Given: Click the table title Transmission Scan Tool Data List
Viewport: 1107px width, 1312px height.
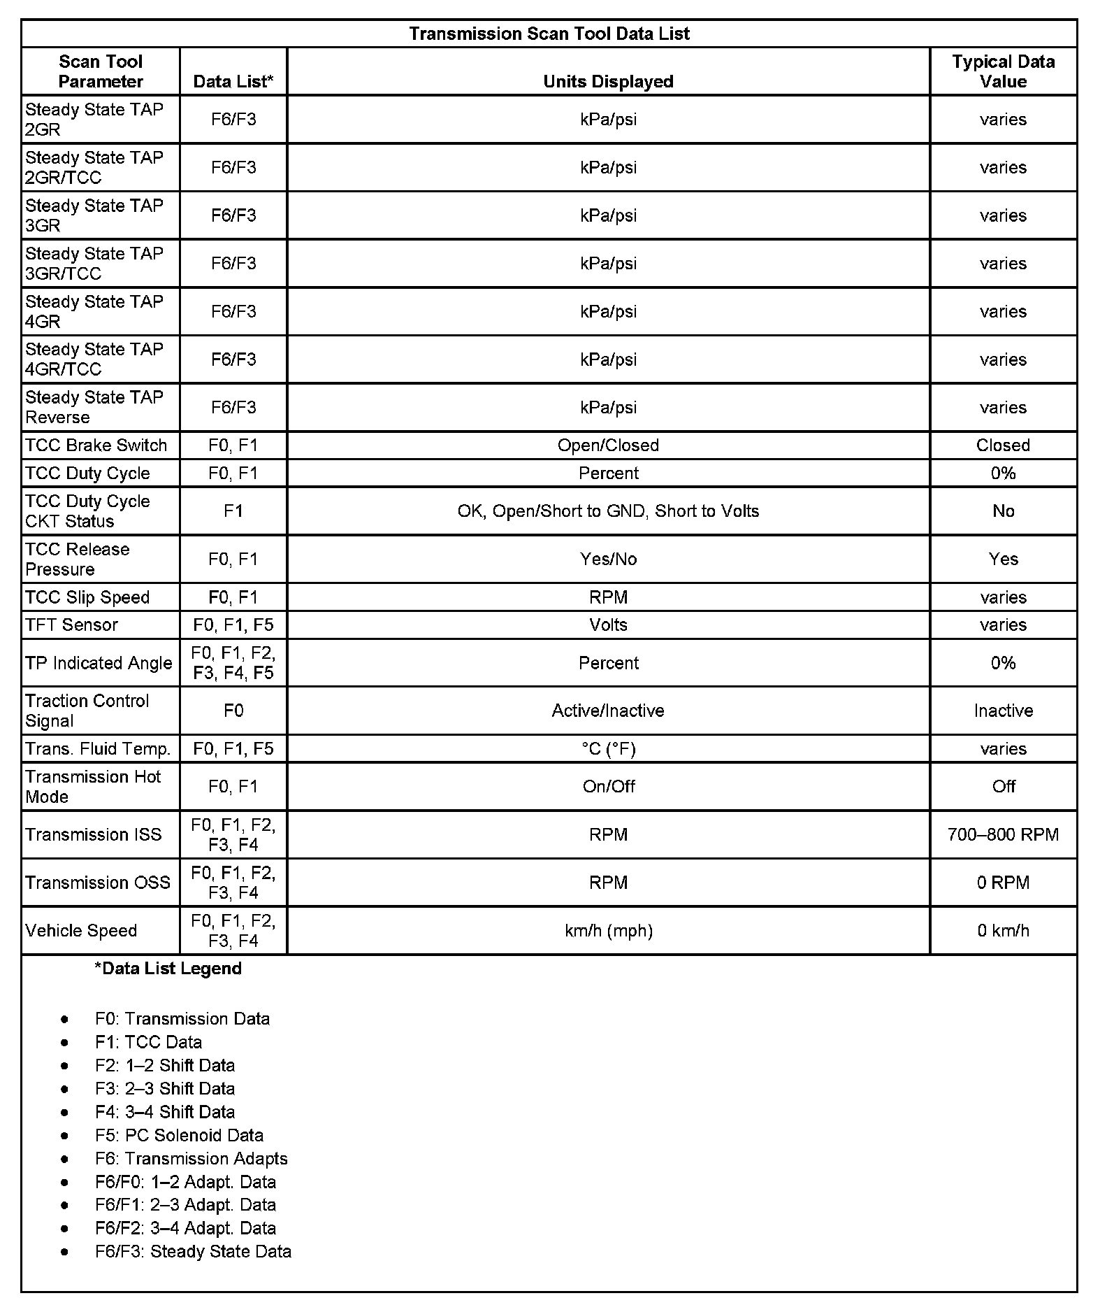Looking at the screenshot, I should pyautogui.click(x=549, y=34).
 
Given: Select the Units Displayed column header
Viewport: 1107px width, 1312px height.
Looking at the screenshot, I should pyautogui.click(x=608, y=81).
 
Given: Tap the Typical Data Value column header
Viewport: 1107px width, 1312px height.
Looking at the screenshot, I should pyautogui.click(x=1003, y=71).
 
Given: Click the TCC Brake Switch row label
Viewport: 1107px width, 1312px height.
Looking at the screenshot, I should pyautogui.click(x=96, y=445).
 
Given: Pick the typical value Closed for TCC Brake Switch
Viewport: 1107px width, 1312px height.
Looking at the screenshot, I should pyautogui.click(x=1003, y=445).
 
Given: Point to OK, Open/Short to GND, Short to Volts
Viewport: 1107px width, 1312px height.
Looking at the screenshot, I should pyautogui.click(x=608, y=511).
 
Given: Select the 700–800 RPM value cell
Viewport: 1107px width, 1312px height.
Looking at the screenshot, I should pyautogui.click(x=1003, y=834).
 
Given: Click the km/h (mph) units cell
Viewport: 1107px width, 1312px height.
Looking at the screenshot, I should pyautogui.click(x=608, y=931).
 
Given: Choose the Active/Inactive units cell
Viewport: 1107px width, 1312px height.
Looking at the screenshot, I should pyautogui.click(x=608, y=711).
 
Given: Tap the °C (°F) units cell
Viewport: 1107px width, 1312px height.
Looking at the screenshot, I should pyautogui.click(x=608, y=749).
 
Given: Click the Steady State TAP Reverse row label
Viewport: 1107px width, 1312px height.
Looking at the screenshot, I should pyautogui.click(x=94, y=407).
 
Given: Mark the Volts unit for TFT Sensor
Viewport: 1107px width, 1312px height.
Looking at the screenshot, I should pyautogui.click(x=608, y=625).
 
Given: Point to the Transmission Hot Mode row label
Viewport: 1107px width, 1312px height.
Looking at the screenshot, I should pyautogui.click(x=93, y=787).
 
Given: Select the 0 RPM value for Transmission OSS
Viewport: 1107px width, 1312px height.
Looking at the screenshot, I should pyautogui.click(x=1003, y=883).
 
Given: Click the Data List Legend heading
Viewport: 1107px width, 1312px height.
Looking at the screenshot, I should pyautogui.click(x=168, y=969).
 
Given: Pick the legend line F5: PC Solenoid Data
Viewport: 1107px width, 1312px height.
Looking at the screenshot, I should pyautogui.click(x=179, y=1135).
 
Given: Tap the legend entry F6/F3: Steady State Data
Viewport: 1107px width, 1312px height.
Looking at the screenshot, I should pyautogui.click(x=193, y=1251).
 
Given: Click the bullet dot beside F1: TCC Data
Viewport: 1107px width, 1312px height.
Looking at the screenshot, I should pyautogui.click(x=65, y=1043).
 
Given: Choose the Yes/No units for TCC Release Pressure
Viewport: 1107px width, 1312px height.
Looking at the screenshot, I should pyautogui.click(x=608, y=559).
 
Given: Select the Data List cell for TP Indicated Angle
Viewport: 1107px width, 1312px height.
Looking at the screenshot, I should pyautogui.click(x=233, y=663).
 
